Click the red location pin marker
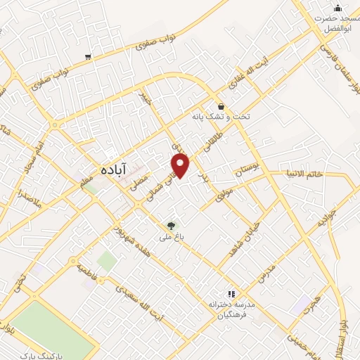181,164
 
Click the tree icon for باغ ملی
171,226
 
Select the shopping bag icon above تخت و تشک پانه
221,106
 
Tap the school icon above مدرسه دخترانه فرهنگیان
230,294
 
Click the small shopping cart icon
87,57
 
